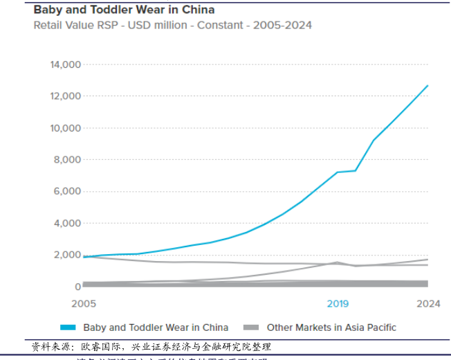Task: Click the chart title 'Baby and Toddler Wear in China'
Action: [124, 10]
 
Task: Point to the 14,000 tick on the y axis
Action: [66, 64]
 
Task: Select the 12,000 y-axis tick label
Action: [66, 96]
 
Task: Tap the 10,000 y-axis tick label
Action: [66, 128]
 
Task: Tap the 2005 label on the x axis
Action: [84, 303]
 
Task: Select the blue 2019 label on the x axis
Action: [338, 303]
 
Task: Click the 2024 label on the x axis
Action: [429, 303]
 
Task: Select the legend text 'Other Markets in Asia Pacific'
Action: [331, 327]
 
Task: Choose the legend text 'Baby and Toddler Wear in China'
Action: [156, 327]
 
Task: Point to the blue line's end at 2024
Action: [428, 86]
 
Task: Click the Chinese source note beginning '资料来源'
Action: [151, 346]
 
